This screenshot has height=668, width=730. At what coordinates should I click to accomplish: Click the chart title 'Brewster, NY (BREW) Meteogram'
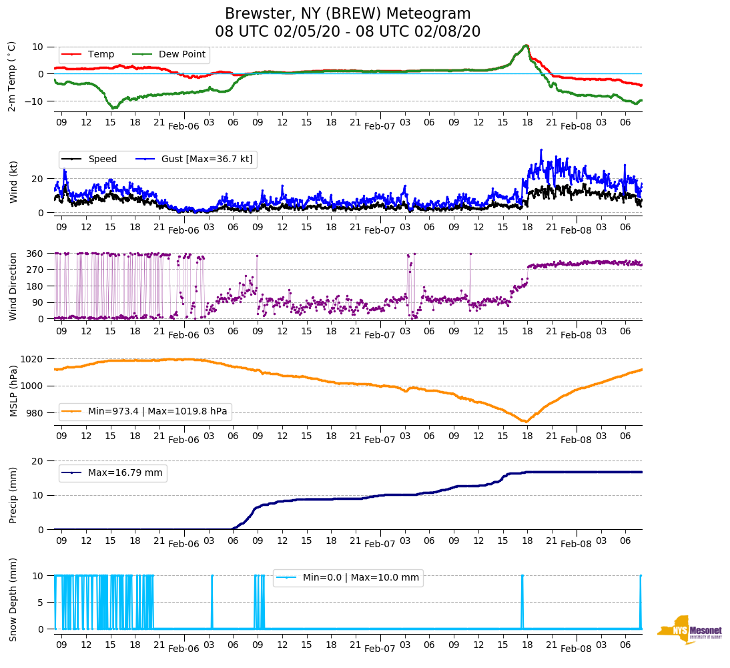pos(348,14)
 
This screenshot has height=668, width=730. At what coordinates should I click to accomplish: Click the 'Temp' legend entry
pos(101,54)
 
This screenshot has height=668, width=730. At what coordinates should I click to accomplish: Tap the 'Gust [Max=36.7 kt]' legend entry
pos(208,159)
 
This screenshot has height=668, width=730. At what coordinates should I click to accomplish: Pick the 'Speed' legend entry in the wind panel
pos(102,159)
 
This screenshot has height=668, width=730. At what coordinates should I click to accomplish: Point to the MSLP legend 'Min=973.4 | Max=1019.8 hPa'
pos(157,412)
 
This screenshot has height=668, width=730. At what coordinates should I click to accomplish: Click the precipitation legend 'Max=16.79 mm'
pos(125,472)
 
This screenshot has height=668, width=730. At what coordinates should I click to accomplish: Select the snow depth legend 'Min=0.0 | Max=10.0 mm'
pos(360,577)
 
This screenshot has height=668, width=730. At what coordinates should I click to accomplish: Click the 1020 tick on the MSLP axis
pos(33,359)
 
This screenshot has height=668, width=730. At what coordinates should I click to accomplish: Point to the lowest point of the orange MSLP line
pos(525,422)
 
